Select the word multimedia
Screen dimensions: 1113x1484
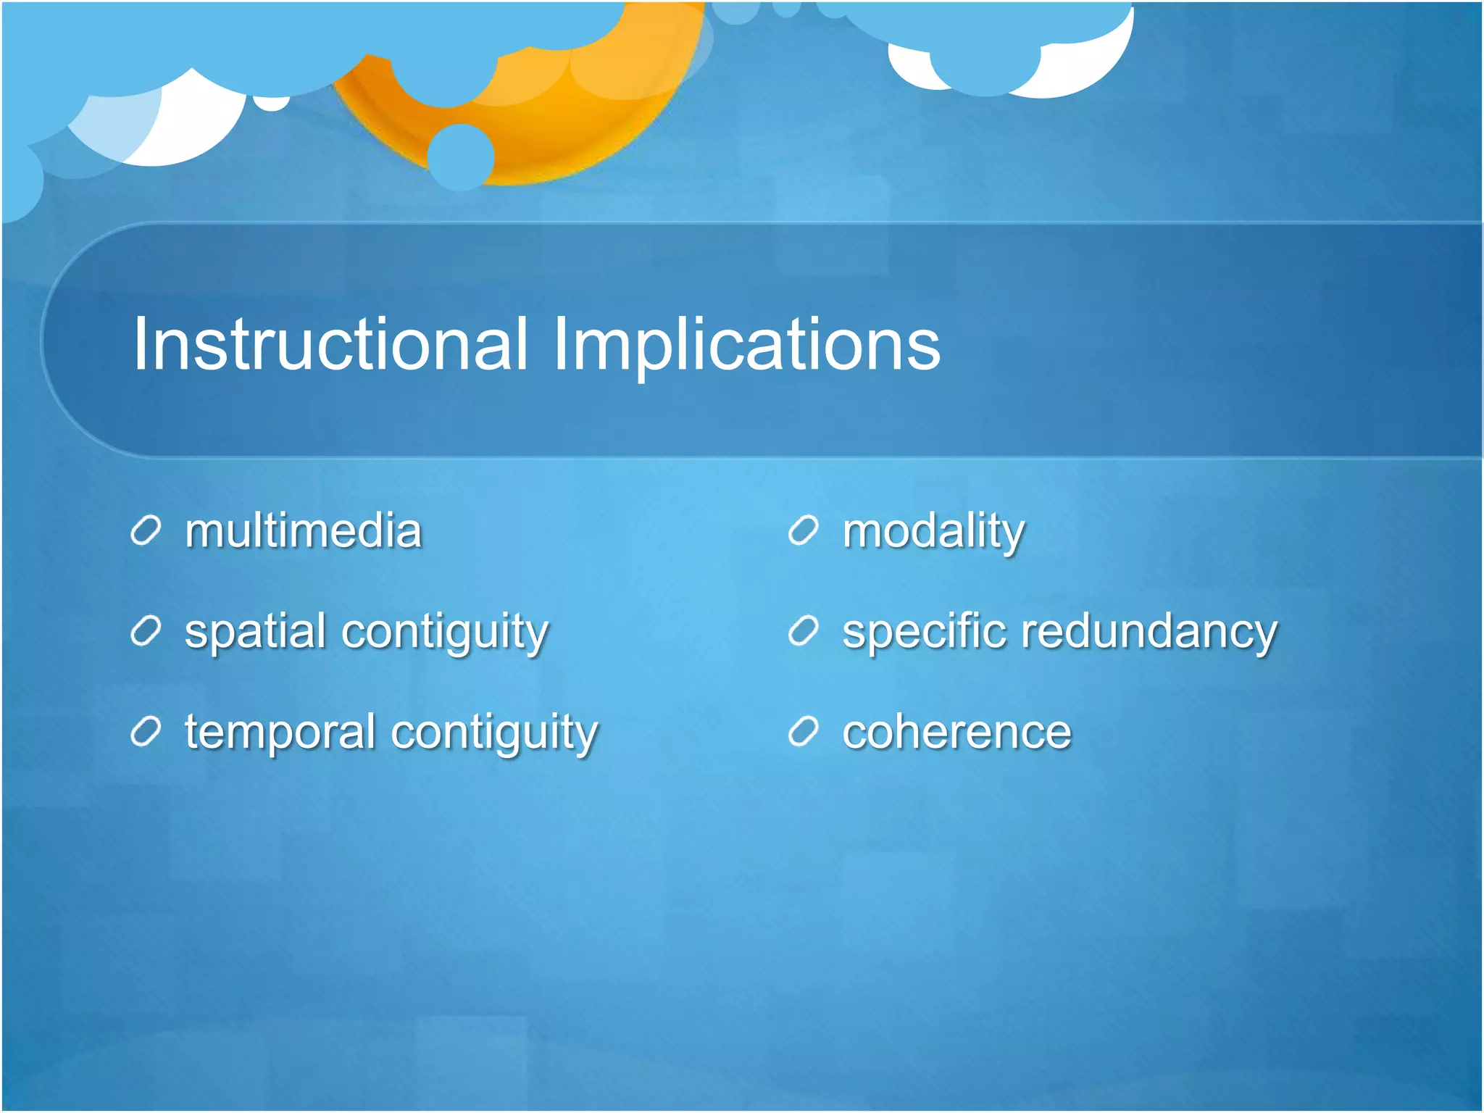pos(303,531)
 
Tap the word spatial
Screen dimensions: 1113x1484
pos(254,632)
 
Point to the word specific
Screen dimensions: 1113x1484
pos(923,632)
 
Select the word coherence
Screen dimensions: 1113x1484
pos(956,733)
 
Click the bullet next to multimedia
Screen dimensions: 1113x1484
pos(146,532)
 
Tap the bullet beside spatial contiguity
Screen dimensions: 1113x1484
pos(146,632)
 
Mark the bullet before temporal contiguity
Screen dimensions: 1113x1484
pos(146,733)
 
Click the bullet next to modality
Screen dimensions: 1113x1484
pos(804,532)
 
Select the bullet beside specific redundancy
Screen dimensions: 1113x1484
pos(804,632)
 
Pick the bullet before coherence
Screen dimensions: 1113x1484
pos(804,733)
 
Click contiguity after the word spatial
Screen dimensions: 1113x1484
pos(445,632)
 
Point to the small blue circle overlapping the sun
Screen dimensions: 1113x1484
pos(461,157)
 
